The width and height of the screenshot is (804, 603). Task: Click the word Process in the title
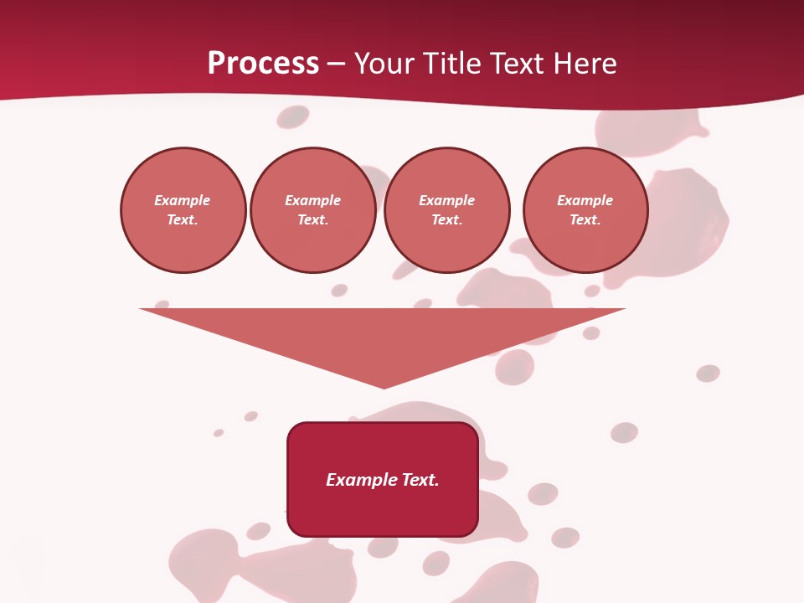tap(263, 64)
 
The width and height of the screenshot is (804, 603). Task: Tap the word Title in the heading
tap(448, 64)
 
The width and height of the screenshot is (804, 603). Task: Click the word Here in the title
tap(584, 64)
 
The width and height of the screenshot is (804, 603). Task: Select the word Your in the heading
tap(384, 64)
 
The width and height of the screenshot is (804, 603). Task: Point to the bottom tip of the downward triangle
tap(384, 387)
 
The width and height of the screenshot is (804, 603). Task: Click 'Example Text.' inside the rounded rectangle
tap(383, 480)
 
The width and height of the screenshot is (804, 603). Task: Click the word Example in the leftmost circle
tap(183, 200)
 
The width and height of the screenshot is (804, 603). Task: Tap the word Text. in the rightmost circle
tap(585, 219)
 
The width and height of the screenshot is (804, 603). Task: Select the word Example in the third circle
tap(446, 200)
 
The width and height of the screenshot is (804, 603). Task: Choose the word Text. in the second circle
tap(312, 219)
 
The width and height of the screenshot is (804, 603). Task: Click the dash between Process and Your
tap(337, 64)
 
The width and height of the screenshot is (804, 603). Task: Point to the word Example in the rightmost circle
tap(585, 200)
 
